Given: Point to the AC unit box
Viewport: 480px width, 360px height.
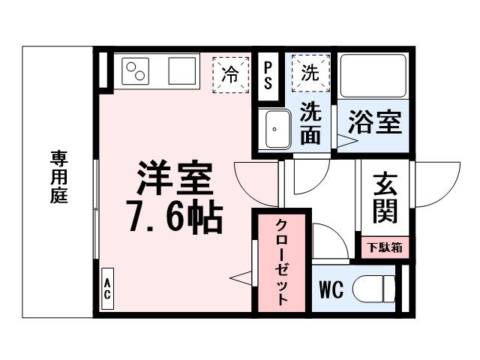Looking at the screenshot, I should click(x=107, y=289).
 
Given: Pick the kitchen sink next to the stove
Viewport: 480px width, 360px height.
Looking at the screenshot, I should click(x=182, y=72).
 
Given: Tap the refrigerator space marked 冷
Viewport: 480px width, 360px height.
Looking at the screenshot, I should click(x=232, y=73).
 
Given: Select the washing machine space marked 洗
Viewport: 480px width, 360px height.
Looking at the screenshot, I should click(x=310, y=72).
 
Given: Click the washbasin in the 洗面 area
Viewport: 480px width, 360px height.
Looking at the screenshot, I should click(x=277, y=130).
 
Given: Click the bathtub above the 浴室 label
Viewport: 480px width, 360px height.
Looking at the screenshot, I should click(x=372, y=75).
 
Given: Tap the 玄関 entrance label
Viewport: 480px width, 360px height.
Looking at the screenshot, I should click(x=385, y=199).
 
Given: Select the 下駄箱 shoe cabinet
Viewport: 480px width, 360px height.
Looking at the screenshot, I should click(x=385, y=247).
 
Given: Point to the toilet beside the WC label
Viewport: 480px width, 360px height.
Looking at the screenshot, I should click(x=376, y=289).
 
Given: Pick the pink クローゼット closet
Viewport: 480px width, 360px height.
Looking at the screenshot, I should click(x=280, y=262).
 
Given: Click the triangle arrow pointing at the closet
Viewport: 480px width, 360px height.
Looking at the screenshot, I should click(x=240, y=277).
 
